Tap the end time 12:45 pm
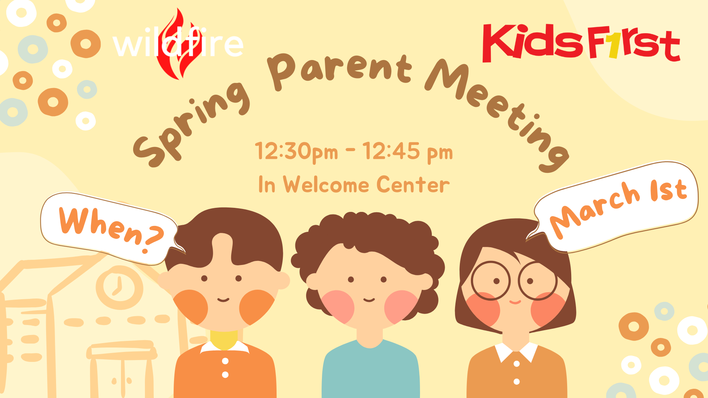click(x=407, y=151)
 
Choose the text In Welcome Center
click(x=354, y=184)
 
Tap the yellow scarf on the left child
click(x=224, y=339)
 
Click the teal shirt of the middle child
click(x=371, y=372)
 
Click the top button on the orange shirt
click(x=225, y=361)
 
